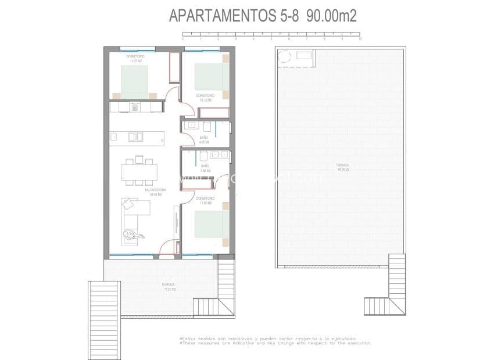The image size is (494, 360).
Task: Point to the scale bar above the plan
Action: pos(271,34)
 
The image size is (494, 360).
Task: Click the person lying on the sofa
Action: pos(133,235)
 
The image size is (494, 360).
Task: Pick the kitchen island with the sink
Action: pos(137,136)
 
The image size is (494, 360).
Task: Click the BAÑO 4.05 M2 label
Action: pos(203,140)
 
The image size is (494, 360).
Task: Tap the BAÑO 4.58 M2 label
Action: pos(204,169)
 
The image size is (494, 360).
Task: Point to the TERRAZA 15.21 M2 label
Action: pos(169,287)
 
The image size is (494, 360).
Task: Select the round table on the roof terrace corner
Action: pos(285,56)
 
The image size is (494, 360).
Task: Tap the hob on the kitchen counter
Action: pos(135,107)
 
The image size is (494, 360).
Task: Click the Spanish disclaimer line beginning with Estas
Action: pos(268,338)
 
